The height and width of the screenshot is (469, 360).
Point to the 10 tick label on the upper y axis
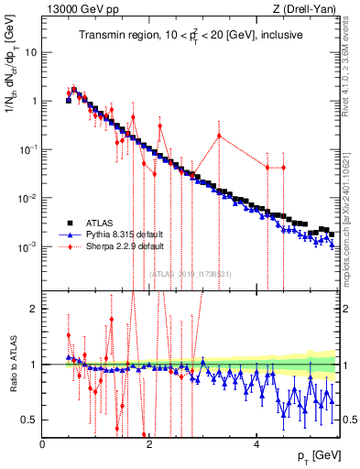[31, 52]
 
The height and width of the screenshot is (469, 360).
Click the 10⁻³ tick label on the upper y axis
[29, 247]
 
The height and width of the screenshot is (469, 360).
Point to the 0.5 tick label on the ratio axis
[31, 420]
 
